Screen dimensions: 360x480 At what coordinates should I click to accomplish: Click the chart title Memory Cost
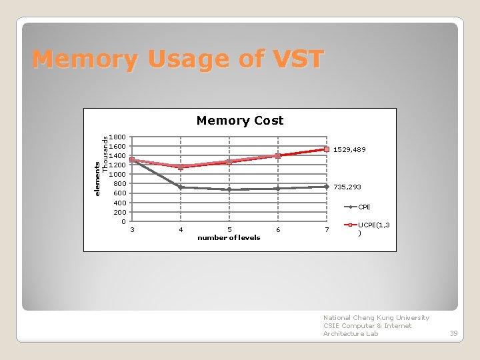pyautogui.click(x=239, y=121)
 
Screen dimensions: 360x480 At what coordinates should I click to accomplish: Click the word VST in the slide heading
pyautogui.click(x=294, y=59)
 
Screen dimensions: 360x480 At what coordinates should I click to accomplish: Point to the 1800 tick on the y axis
pyautogui.click(x=117, y=137)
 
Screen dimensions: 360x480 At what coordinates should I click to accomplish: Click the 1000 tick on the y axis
pyautogui.click(x=117, y=174)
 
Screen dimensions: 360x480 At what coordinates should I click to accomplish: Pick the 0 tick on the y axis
pyautogui.click(x=123, y=221)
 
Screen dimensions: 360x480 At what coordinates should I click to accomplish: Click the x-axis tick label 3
pyautogui.click(x=132, y=230)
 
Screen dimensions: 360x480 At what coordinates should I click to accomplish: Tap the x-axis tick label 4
pyautogui.click(x=181, y=230)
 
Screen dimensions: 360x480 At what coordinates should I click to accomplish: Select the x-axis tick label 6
pyautogui.click(x=278, y=230)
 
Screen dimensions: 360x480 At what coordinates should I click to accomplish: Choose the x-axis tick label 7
pyautogui.click(x=327, y=230)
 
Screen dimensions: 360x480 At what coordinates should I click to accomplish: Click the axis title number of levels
pyautogui.click(x=229, y=238)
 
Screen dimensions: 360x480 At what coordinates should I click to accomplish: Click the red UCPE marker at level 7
pyautogui.click(x=327, y=149)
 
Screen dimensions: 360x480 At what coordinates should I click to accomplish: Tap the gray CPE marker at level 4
pyautogui.click(x=181, y=187)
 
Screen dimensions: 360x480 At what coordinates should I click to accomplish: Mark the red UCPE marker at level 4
pyautogui.click(x=181, y=167)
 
